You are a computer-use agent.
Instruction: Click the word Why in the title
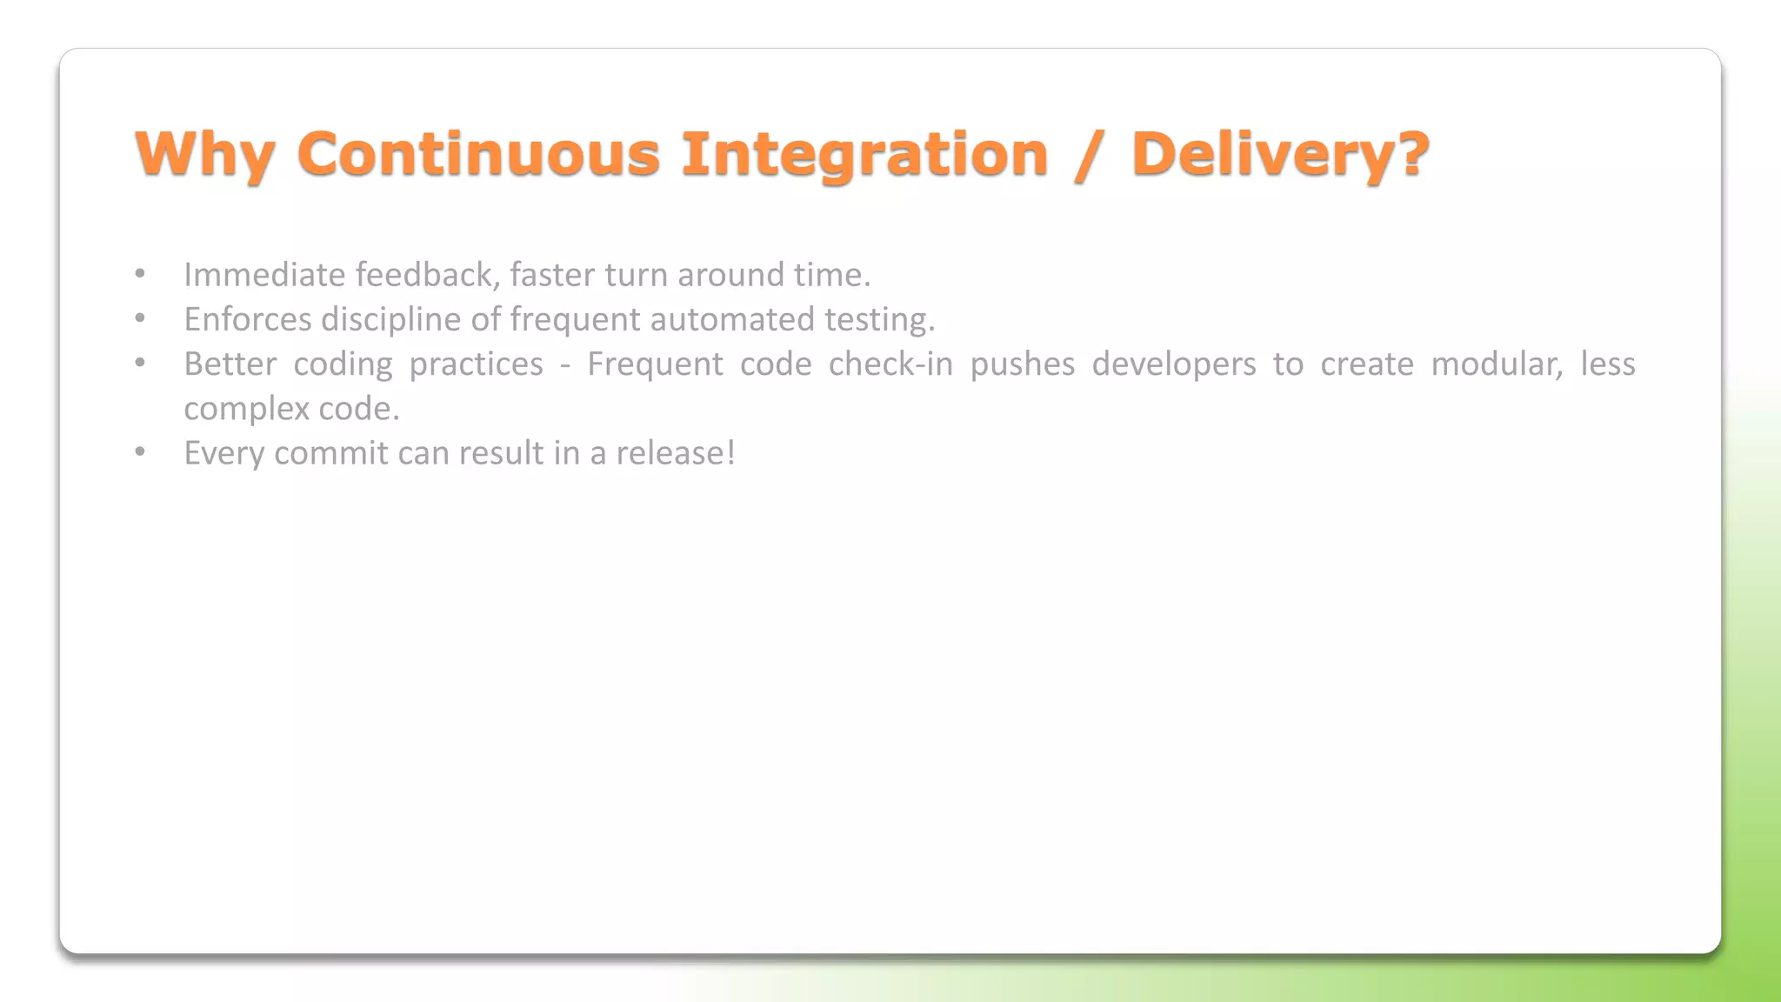pyautogui.click(x=205, y=155)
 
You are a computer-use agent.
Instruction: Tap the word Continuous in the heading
pyautogui.click(x=478, y=154)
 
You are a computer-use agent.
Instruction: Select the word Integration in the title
pyautogui.click(x=864, y=154)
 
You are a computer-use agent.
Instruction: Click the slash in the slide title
pyautogui.click(x=1089, y=155)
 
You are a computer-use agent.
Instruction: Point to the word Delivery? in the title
pyautogui.click(x=1280, y=154)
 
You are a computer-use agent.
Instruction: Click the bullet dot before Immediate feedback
pyautogui.click(x=140, y=274)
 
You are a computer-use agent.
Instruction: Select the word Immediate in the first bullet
pyautogui.click(x=264, y=275)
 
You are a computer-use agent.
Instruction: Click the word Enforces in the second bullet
pyautogui.click(x=248, y=319)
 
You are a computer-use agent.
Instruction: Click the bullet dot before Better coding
pyautogui.click(x=140, y=363)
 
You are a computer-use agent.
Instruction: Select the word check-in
pyautogui.click(x=890, y=364)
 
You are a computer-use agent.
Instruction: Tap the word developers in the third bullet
pyautogui.click(x=1174, y=364)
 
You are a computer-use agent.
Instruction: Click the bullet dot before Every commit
pyautogui.click(x=140, y=452)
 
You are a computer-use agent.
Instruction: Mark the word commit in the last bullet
pyautogui.click(x=330, y=453)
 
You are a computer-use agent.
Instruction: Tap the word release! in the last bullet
pyautogui.click(x=676, y=453)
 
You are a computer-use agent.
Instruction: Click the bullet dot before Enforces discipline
pyautogui.click(x=140, y=318)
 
